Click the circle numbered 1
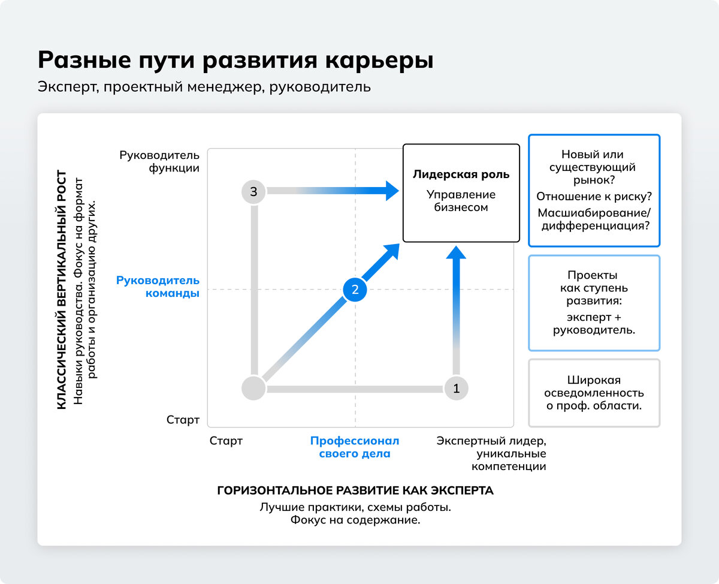[x=456, y=389]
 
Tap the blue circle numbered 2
[x=355, y=290]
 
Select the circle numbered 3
[x=253, y=192]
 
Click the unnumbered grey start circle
[x=253, y=389]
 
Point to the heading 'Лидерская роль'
[x=461, y=174]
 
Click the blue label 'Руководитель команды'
[x=158, y=287]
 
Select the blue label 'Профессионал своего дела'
[x=355, y=447]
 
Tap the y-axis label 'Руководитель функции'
[x=159, y=161]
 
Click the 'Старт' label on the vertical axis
[x=183, y=420]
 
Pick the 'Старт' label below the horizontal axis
[x=226, y=441]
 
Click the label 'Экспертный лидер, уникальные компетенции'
[x=491, y=453]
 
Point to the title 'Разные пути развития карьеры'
[x=235, y=61]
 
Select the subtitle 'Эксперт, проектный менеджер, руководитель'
[x=204, y=87]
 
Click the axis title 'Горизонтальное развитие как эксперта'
[x=355, y=490]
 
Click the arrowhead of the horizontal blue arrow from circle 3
[x=392, y=191]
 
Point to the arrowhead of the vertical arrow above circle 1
[x=456, y=250]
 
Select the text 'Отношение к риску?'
[x=594, y=196]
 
